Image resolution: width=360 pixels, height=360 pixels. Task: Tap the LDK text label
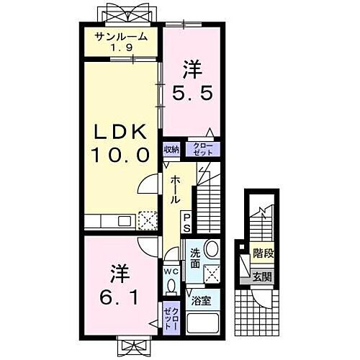point(120,132)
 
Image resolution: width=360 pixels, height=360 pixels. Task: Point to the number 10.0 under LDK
point(120,154)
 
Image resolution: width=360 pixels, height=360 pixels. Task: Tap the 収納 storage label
point(171,150)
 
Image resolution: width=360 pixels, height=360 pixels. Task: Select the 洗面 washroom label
point(195,255)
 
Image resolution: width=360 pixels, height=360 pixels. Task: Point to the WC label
point(171,271)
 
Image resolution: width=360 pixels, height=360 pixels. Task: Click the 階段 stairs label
point(263,253)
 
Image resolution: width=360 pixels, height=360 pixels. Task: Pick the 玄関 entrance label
point(262,276)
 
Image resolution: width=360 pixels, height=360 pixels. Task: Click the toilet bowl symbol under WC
point(171,287)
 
